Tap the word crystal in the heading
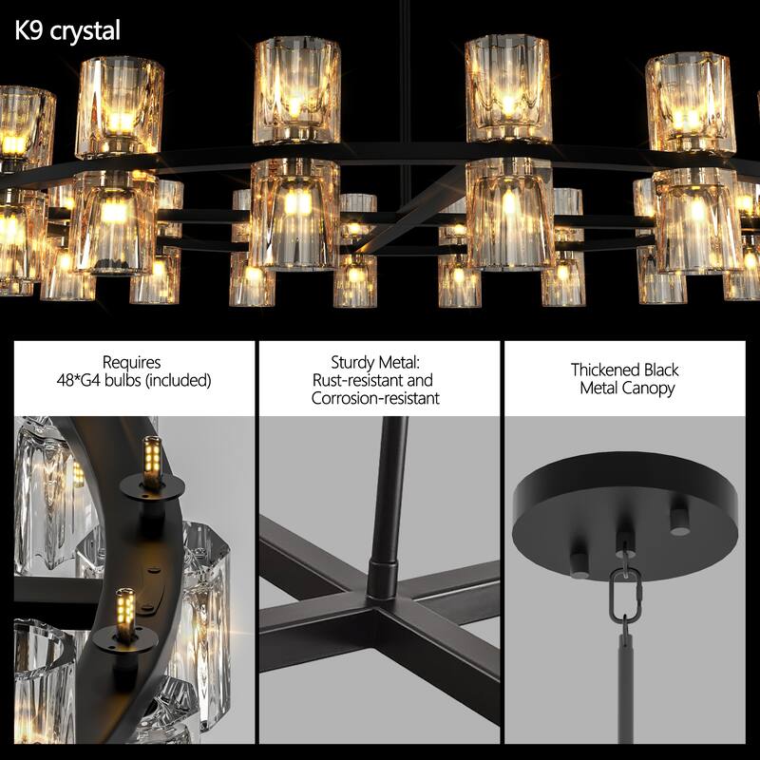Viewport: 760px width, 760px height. [86, 31]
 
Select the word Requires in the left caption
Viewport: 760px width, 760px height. [132, 362]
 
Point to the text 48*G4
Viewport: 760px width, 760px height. [83, 380]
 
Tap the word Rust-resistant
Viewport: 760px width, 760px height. [358, 380]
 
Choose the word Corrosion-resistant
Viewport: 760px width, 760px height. [375, 398]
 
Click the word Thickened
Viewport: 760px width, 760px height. [602, 370]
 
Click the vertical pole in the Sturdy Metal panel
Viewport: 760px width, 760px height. [390, 484]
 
